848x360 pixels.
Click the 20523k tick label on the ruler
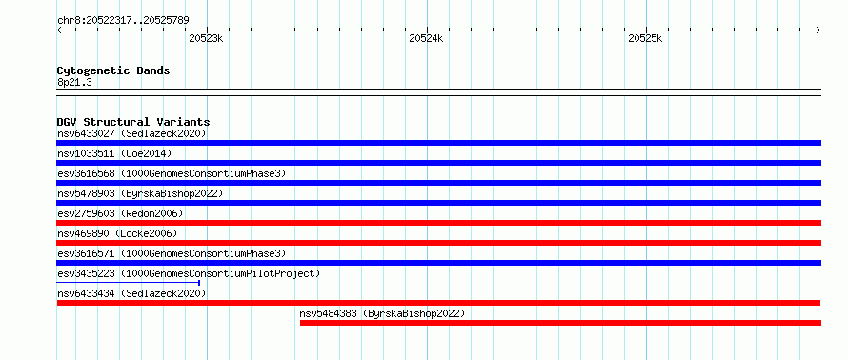[x=206, y=38]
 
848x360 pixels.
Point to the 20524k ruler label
[x=426, y=38]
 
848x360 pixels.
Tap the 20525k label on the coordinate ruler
[x=645, y=38]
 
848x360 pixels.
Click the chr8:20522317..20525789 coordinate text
[x=123, y=21]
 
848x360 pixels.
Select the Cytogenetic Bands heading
[x=113, y=70]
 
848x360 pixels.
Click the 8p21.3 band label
[x=74, y=82]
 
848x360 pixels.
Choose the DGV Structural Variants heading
[x=133, y=122]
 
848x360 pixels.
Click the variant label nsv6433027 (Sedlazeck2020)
[x=131, y=133]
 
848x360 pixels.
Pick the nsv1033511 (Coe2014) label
[x=114, y=153]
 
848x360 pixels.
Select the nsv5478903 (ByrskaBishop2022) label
[x=140, y=193]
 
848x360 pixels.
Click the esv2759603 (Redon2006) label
[x=120, y=213]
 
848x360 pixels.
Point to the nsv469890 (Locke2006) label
[x=117, y=233]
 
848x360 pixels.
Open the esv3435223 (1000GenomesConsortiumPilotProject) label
[x=189, y=273]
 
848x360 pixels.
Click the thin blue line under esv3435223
[x=129, y=283]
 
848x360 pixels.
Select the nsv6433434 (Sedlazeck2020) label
[x=131, y=293]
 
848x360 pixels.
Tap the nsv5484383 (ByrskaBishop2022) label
[x=382, y=313]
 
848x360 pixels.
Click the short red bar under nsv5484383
[x=560, y=323]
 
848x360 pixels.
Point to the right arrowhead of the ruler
[x=818, y=30]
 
